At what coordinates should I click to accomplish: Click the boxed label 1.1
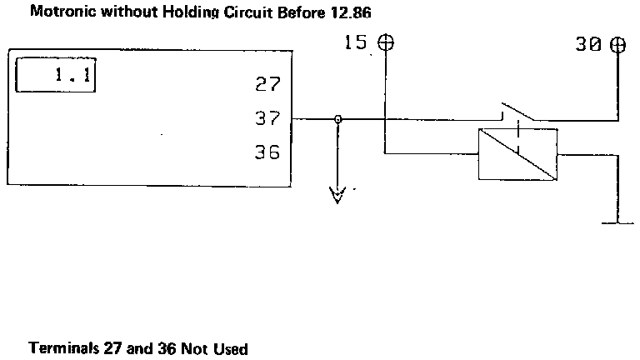coord(56,75)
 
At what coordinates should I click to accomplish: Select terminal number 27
coord(267,85)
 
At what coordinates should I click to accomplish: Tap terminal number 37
coord(267,119)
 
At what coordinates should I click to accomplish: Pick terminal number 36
coord(267,153)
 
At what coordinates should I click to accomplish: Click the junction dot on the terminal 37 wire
coord(337,119)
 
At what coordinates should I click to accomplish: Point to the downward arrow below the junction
coord(337,196)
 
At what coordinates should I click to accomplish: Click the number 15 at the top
coord(356,42)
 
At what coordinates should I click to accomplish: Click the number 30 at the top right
coord(588,44)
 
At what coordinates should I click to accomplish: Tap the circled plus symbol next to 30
coord(617,43)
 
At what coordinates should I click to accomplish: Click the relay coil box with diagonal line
coord(517,154)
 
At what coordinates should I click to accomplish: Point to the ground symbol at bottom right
coord(617,222)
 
